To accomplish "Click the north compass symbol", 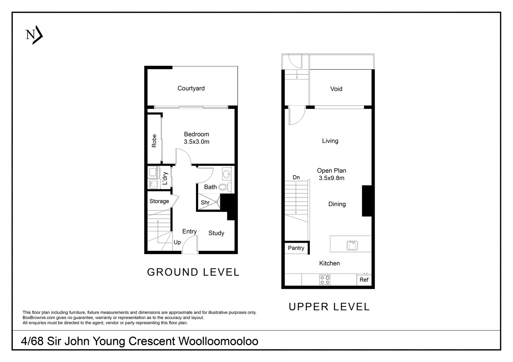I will tap(34, 35).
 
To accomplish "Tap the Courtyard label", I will tap(191, 88).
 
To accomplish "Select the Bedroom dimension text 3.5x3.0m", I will tap(196, 142).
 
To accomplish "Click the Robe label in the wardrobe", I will tap(154, 141).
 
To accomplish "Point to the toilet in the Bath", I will tap(224, 187).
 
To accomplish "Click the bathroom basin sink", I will tap(227, 174).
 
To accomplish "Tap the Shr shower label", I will tap(205, 202).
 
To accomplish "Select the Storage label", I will tap(159, 201).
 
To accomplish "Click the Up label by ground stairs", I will tap(177, 242).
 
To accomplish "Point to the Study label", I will tap(216, 233).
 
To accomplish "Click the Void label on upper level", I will tap(336, 89).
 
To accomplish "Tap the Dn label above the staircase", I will tap(296, 177).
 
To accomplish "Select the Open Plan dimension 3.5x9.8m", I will tap(331, 178).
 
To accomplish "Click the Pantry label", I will tap(296, 248).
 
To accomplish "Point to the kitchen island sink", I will tap(352, 245).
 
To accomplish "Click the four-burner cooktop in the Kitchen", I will tap(325, 280).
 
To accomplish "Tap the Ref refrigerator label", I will tap(364, 280).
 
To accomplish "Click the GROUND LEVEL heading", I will tap(193, 272).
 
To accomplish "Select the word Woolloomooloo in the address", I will tap(218, 341).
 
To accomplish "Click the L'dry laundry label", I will tap(165, 178).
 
